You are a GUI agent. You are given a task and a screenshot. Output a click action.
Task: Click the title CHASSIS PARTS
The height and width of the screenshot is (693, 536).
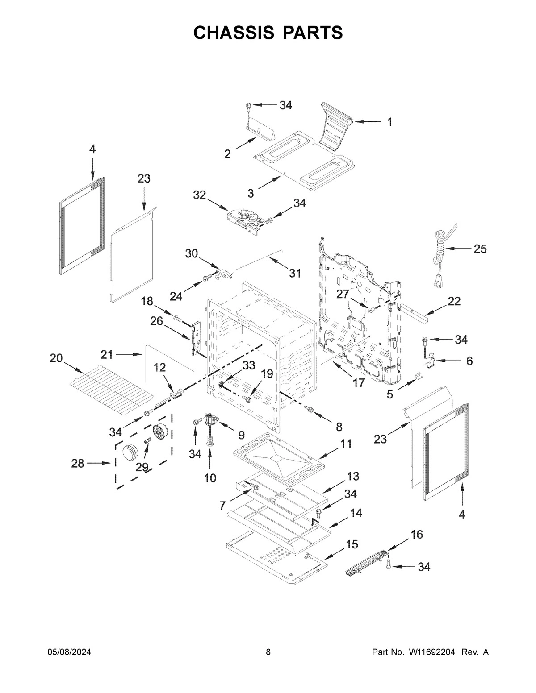268,33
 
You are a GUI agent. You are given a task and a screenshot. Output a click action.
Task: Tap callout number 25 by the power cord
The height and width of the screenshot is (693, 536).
480,249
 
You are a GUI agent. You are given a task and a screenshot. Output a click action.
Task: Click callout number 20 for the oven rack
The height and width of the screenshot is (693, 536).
56,358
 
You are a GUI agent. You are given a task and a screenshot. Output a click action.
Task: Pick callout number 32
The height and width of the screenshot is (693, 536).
200,195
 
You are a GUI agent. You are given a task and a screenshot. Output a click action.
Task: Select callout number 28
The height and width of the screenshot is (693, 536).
78,464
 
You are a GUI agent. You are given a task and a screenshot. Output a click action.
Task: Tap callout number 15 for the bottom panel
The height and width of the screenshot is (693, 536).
352,544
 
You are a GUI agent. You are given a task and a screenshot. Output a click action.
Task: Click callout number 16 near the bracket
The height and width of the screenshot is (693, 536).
416,535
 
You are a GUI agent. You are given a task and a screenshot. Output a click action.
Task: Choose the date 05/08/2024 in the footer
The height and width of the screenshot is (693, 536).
69,652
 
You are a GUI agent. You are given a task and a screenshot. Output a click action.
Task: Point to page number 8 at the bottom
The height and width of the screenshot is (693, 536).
268,652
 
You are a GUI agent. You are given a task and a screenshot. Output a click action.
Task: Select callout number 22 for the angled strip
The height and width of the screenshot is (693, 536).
454,301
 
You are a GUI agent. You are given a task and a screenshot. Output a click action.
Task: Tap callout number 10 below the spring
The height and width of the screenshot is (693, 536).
210,478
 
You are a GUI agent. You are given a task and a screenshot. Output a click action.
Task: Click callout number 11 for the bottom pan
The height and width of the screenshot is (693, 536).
346,444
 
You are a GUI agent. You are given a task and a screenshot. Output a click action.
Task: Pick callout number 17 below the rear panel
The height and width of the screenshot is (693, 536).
359,382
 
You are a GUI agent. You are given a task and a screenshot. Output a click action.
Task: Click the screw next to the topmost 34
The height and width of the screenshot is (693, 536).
248,106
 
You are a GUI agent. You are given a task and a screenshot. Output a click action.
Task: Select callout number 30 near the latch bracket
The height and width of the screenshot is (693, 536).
192,253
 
